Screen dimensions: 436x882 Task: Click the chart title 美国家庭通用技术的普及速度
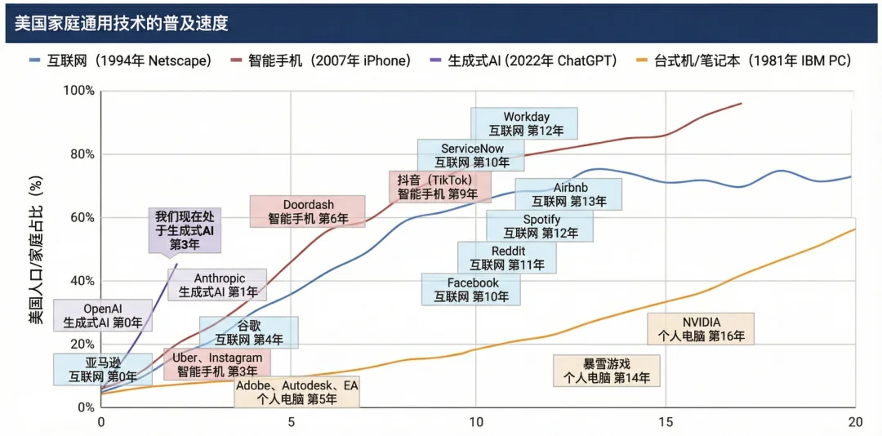(x=121, y=23)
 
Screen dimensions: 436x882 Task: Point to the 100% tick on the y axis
(x=78, y=91)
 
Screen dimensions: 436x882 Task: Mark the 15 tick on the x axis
(x=666, y=422)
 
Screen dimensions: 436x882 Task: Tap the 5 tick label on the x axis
(x=290, y=422)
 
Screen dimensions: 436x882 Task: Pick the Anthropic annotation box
(x=218, y=284)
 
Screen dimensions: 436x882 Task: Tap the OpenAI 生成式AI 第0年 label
(x=102, y=315)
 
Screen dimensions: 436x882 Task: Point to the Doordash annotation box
(x=308, y=211)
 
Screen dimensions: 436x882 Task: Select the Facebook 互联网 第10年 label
(x=471, y=290)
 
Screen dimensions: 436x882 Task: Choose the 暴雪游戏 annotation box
(x=606, y=370)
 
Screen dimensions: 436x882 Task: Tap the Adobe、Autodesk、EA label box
(x=297, y=391)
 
